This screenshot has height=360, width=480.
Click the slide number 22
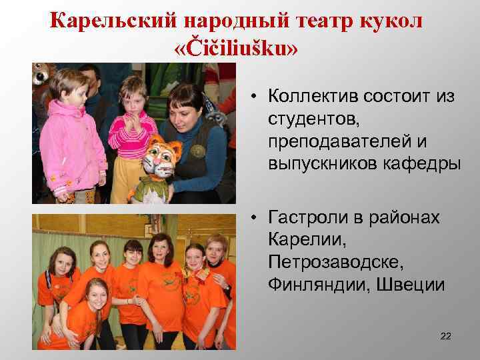tap(445, 335)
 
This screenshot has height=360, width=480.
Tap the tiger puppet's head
tap(159, 159)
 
